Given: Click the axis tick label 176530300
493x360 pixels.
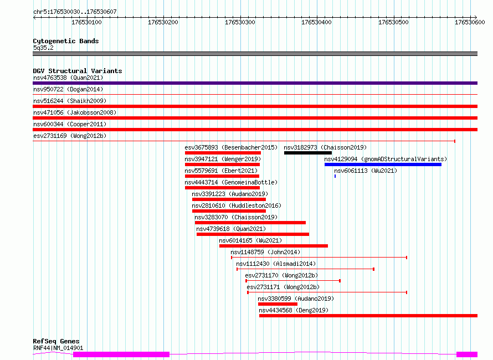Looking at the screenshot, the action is pyautogui.click(x=240, y=22).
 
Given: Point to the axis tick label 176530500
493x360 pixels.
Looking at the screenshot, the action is pyautogui.click(x=393, y=22).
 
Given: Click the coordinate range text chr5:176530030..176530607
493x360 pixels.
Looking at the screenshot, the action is pyautogui.click(x=75, y=12).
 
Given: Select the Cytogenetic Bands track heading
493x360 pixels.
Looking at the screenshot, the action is pyautogui.click(x=66, y=41).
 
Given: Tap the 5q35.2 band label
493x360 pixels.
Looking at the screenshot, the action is pyautogui.click(x=43, y=48).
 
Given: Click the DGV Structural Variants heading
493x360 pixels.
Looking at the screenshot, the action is pyautogui.click(x=78, y=71).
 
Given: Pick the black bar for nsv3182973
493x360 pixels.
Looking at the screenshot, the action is pyautogui.click(x=308, y=153).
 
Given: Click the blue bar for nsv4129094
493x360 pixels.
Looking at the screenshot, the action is pyautogui.click(x=383, y=164).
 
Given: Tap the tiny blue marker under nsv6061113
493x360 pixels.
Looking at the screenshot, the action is pyautogui.click(x=335, y=176).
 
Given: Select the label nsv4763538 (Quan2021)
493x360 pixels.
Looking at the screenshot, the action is pyautogui.click(x=68, y=78).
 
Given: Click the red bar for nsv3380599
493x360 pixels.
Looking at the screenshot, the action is pyautogui.click(x=278, y=305).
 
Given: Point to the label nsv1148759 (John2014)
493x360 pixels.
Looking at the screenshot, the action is pyautogui.click(x=265, y=252).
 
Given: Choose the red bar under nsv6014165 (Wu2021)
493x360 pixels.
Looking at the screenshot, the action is pyautogui.click(x=274, y=246).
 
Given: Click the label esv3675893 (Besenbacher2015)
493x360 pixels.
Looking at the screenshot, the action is pyautogui.click(x=231, y=147).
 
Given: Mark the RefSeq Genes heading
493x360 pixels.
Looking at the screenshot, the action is pyautogui.click(x=56, y=341).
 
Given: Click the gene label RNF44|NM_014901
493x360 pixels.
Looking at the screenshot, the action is pyautogui.click(x=58, y=348).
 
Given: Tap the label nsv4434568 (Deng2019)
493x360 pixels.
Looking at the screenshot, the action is pyautogui.click(x=294, y=310).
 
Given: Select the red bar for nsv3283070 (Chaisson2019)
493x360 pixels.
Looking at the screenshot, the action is pyautogui.click(x=250, y=223).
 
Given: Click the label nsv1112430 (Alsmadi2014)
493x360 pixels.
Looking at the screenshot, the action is pyautogui.click(x=276, y=264).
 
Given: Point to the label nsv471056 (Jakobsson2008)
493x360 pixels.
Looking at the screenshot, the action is pyautogui.click(x=75, y=112).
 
